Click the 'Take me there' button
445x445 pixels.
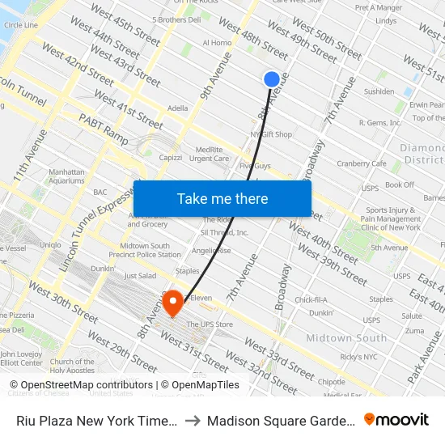pyautogui.click(x=222, y=199)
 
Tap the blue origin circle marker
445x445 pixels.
pyautogui.click(x=272, y=79)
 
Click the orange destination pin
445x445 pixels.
pyautogui.click(x=173, y=303)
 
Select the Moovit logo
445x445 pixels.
pyautogui.click(x=396, y=419)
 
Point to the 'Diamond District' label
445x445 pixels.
pyautogui.click(x=422, y=154)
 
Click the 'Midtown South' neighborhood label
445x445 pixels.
pyautogui.click(x=346, y=337)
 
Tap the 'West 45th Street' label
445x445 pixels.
pyautogui.click(x=125, y=25)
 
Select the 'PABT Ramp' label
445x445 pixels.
pyautogui.click(x=104, y=129)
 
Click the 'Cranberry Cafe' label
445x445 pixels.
pyautogui.click(x=361, y=163)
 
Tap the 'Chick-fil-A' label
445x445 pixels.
pyautogui.click(x=311, y=299)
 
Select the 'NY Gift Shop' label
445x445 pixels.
pyautogui.click(x=271, y=134)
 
